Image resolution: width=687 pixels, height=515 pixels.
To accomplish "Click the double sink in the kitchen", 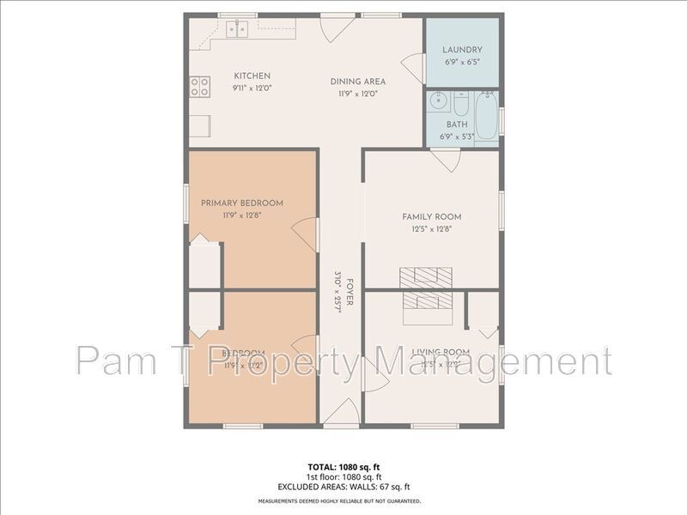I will click(x=238, y=29).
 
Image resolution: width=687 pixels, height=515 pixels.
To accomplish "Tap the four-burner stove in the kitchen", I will click(x=199, y=85).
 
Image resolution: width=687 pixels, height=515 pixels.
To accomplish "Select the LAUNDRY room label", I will click(x=462, y=50).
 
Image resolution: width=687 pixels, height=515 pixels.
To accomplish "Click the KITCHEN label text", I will click(x=252, y=76).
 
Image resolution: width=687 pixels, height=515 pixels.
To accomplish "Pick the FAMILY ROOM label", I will click(x=432, y=216).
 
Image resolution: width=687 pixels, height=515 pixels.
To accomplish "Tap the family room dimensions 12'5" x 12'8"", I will click(x=432, y=228).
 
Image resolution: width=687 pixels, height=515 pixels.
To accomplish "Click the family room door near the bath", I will click(x=445, y=159).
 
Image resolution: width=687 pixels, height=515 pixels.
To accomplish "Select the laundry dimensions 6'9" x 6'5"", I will click(x=462, y=63).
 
